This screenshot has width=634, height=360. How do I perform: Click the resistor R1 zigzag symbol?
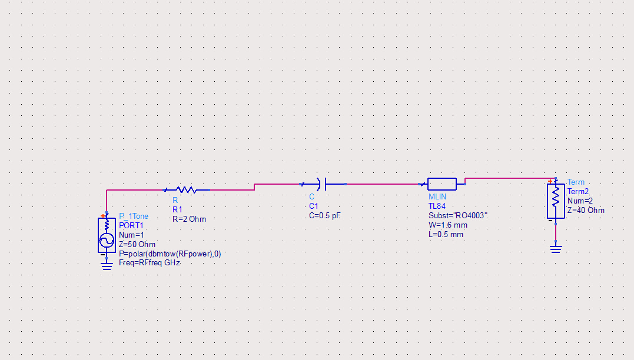(x=186, y=190)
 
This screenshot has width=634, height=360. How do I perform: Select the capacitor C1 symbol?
(x=323, y=184)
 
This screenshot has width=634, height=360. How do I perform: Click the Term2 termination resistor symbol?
(x=556, y=200)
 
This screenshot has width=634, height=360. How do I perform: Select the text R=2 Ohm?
(x=189, y=219)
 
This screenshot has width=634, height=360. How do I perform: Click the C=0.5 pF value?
(x=325, y=216)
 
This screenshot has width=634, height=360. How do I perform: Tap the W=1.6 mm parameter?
(x=448, y=225)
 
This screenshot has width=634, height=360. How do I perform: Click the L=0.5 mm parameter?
(x=446, y=234)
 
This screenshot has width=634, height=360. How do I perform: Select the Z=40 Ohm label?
(x=586, y=210)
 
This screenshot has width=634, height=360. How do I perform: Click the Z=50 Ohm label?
(x=137, y=244)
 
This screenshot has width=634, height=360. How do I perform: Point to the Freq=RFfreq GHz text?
(x=150, y=263)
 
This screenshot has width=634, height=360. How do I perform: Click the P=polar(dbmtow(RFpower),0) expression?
(x=170, y=254)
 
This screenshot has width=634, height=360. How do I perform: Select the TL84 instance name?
(x=437, y=206)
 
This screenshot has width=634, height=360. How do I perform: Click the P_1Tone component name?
(x=134, y=216)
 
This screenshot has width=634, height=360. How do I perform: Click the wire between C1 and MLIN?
(x=383, y=184)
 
